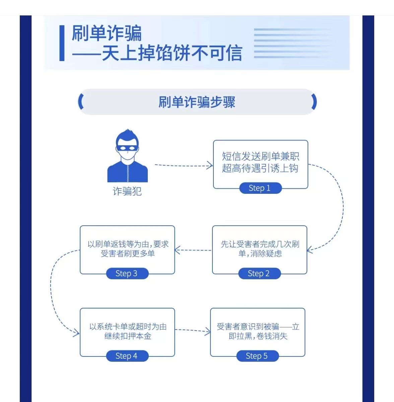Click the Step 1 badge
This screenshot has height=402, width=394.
pos(260,188)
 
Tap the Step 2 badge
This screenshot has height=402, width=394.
pos(259,274)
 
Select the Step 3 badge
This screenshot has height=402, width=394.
pos(127,274)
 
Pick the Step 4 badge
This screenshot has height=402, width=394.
pos(127,356)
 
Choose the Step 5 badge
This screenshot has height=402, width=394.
pos(257,356)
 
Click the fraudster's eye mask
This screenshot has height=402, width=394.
pos(127,148)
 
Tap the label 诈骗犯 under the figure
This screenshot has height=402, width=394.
pos(127,191)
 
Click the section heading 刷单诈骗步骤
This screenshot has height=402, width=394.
pos(197,102)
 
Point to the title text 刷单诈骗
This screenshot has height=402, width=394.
pos(107,33)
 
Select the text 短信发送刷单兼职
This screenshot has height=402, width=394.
pos(261,156)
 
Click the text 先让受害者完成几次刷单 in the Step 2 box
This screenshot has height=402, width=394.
pos(260,249)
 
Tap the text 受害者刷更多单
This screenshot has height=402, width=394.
pos(128,253)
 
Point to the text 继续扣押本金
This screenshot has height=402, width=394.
pos(128,336)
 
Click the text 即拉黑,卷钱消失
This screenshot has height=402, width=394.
pos(258,336)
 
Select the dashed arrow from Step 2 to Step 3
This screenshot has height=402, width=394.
pos(193,250)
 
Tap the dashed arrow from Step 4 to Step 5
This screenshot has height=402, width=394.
pos(193,331)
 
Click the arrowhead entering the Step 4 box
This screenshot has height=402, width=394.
pos(77,333)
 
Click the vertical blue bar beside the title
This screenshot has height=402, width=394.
pos(62,43)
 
